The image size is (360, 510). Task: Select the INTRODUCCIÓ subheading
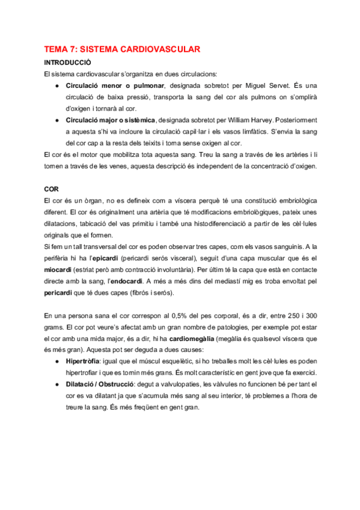68,62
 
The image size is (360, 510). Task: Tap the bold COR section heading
52,188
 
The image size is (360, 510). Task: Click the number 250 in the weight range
276,316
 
